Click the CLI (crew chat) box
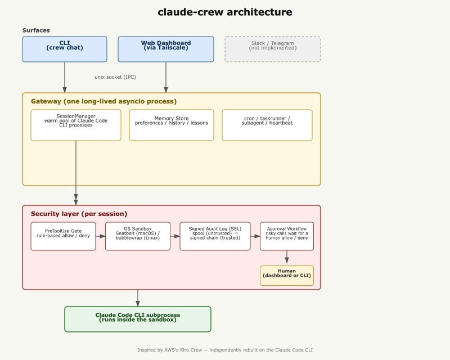65,49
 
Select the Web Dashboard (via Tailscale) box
166,49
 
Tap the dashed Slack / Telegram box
273,49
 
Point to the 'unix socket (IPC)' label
115,77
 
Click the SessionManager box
76,125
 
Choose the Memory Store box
172,125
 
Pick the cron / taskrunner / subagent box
267,125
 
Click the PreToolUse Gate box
63,236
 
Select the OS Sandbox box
138,236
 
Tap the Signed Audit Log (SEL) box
215,236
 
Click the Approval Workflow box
287,236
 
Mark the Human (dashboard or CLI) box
287,276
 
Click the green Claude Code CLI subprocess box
138,319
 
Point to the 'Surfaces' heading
36,30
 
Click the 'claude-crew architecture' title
224,12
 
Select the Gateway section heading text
103,101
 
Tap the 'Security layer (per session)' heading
79,214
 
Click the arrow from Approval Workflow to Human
287,257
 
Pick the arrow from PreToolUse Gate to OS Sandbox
101,236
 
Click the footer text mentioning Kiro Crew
224,350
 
